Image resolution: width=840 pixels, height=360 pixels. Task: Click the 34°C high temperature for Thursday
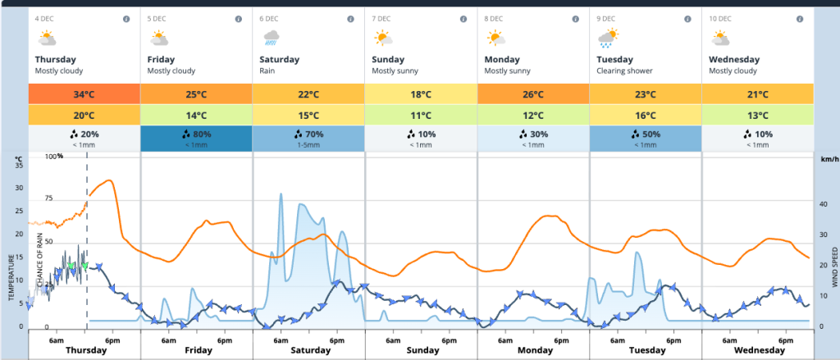[84, 94]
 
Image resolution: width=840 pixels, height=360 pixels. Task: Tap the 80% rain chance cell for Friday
[197, 134]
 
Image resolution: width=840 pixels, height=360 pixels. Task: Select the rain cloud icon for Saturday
[271, 38]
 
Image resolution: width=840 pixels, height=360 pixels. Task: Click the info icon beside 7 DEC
[463, 18]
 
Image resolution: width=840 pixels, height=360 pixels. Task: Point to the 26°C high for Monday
[533, 94]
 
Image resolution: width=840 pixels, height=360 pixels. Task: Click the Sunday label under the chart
[422, 350]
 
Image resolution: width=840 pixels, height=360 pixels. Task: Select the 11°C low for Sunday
[421, 116]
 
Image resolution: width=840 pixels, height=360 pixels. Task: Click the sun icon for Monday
[495, 38]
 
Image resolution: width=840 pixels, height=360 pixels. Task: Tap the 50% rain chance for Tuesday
[646, 134]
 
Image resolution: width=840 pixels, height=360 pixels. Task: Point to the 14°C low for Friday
[197, 116]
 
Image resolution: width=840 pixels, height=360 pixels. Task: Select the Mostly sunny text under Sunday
[395, 71]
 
